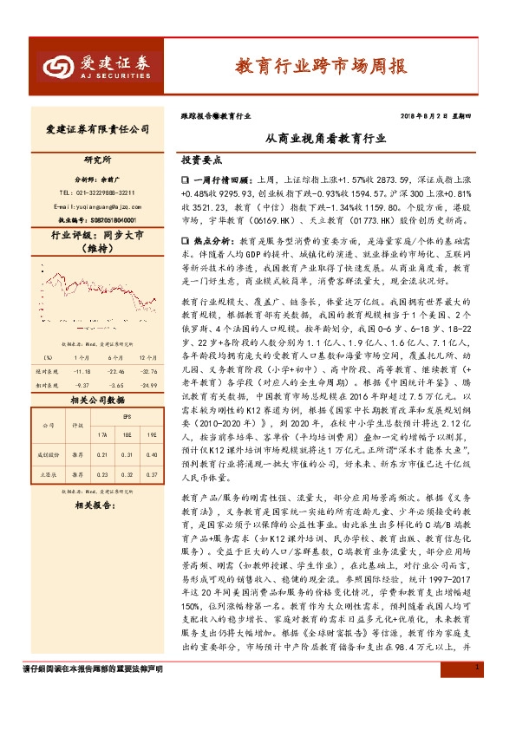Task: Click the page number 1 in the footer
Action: coord(478,715)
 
